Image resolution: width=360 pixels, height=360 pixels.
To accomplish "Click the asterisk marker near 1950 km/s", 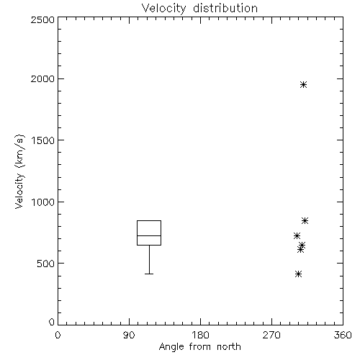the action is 303,85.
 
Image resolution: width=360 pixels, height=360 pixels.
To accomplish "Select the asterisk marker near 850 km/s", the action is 305,220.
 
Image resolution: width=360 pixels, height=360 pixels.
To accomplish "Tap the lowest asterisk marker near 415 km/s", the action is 298,274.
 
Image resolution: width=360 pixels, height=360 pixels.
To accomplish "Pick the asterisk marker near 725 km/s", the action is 297,236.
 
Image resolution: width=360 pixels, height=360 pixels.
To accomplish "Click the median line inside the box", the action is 149,235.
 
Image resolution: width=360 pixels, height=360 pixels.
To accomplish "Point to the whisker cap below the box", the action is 149,274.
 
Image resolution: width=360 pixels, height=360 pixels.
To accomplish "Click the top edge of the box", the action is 149,220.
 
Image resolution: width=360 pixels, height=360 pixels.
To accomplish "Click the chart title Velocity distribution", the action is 199,9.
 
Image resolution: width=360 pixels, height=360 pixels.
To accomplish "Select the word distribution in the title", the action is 225,9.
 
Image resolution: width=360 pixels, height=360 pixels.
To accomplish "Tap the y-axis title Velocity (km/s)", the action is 19,171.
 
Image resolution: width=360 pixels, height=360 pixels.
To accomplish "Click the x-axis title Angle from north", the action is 199,347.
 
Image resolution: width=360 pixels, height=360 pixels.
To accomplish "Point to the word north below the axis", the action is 229,347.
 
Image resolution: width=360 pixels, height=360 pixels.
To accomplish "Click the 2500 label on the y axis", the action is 42,19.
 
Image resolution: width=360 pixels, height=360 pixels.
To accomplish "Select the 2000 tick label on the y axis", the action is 42,78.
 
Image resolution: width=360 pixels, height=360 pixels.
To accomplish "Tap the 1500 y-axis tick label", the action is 43,140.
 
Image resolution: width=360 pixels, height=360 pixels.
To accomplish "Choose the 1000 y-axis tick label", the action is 43,202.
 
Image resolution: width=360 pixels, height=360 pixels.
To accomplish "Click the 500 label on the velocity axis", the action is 46,264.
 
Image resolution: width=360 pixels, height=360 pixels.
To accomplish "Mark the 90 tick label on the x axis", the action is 129,335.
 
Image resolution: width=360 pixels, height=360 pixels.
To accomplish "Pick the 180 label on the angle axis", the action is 200,335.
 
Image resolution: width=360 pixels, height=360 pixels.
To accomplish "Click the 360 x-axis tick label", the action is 343,335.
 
